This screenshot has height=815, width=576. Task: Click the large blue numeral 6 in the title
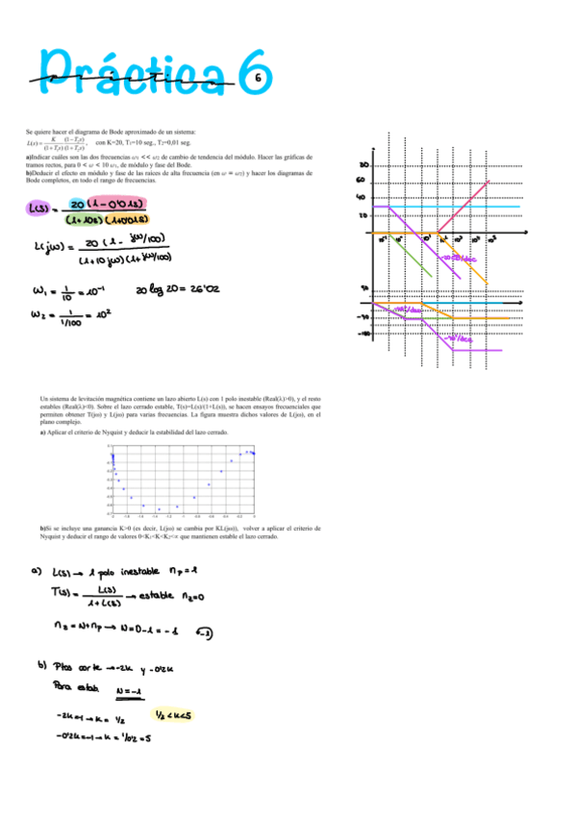tap(252, 73)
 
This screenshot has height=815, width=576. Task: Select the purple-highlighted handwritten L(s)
tap(39, 208)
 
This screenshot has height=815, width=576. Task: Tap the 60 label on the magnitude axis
tap(363, 180)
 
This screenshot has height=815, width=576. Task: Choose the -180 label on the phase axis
tap(363, 334)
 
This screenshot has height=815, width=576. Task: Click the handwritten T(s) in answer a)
tap(62, 593)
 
